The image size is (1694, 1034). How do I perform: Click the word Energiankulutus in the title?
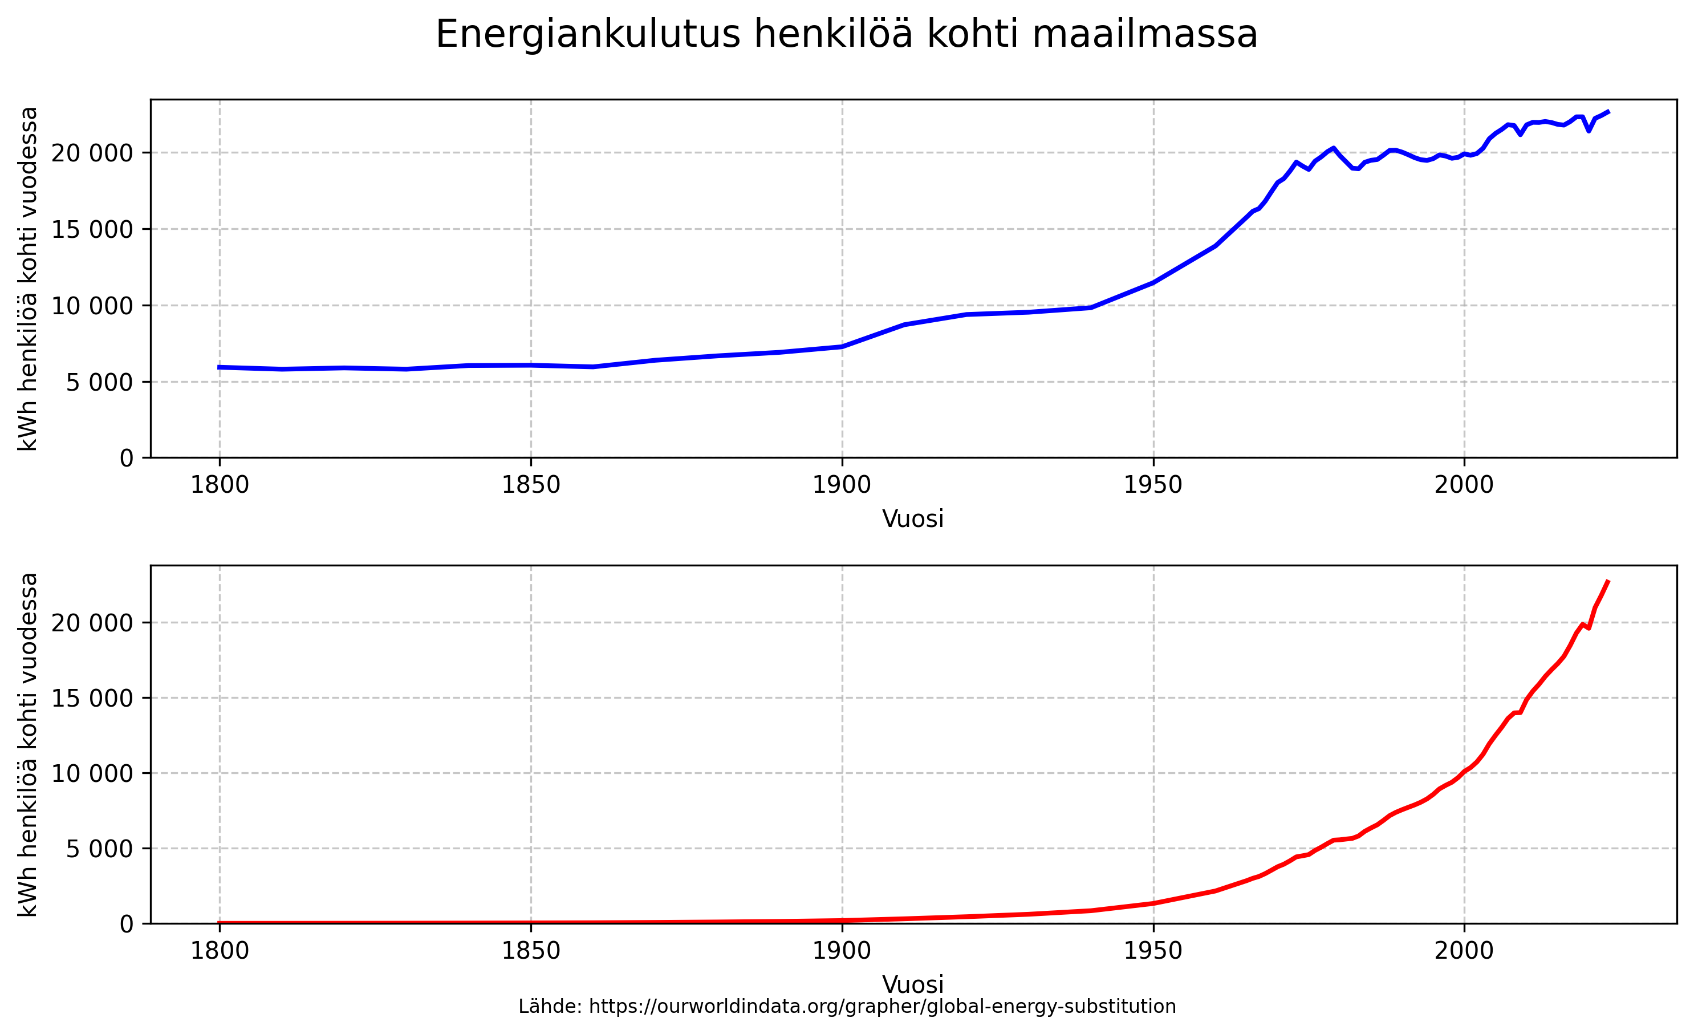click(x=588, y=34)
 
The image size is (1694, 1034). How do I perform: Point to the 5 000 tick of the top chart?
click(x=100, y=382)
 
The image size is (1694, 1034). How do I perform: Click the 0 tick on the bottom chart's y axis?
click(x=127, y=924)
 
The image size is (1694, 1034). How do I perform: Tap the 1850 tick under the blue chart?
click(x=531, y=485)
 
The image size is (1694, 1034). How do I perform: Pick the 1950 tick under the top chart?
click(x=1153, y=485)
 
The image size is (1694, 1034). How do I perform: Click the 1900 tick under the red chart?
click(x=842, y=951)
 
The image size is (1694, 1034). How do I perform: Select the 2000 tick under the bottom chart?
click(x=1464, y=951)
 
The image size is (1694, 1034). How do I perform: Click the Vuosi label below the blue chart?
click(x=913, y=519)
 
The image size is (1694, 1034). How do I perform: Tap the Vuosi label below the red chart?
click(x=913, y=984)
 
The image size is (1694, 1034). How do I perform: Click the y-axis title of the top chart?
click(x=28, y=278)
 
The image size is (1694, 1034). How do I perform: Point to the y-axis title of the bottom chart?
click(x=28, y=745)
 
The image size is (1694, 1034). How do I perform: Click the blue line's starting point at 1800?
click(x=220, y=367)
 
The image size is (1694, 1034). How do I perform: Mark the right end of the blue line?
click(x=1608, y=111)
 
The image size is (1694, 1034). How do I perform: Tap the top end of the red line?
click(x=1608, y=582)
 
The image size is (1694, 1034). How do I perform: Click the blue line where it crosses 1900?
click(x=842, y=347)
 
